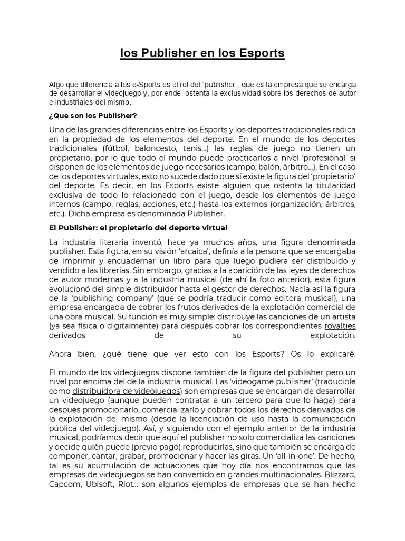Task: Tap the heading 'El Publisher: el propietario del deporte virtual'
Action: (138, 228)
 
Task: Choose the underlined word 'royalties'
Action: (340, 325)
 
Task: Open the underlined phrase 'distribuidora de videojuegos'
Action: (127, 390)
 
